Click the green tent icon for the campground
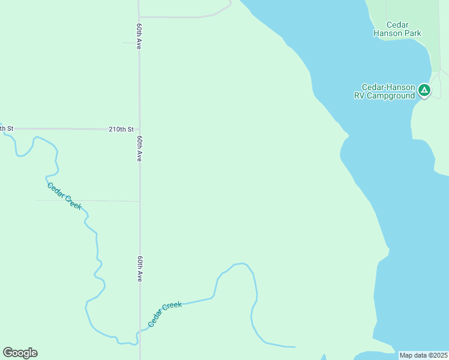pos(424,91)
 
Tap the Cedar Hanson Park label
pos(397,29)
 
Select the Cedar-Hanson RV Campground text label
pos(388,91)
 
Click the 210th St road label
pos(121,129)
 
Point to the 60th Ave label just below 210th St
pos(139,148)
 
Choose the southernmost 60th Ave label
pos(139,269)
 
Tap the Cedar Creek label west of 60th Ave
pos(64,196)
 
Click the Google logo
pos(20,353)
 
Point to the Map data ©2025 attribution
pos(423,355)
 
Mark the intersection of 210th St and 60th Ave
pos(139,129)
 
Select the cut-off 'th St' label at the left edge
pos(6,128)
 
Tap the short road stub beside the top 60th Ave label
pos(130,43)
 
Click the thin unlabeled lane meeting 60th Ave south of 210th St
pos(90,200)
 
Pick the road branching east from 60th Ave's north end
pos(180,17)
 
